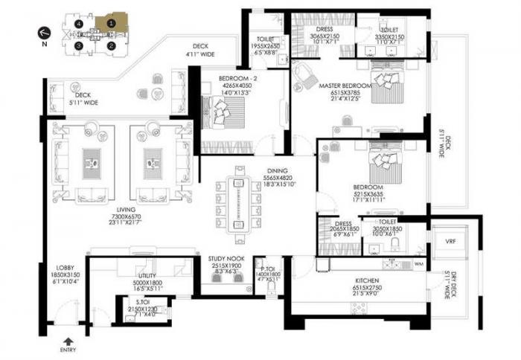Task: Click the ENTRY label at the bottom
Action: (x=68, y=349)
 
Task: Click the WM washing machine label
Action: (x=418, y=263)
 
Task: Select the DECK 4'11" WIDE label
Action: (x=200, y=50)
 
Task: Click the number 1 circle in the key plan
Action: (x=111, y=23)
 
